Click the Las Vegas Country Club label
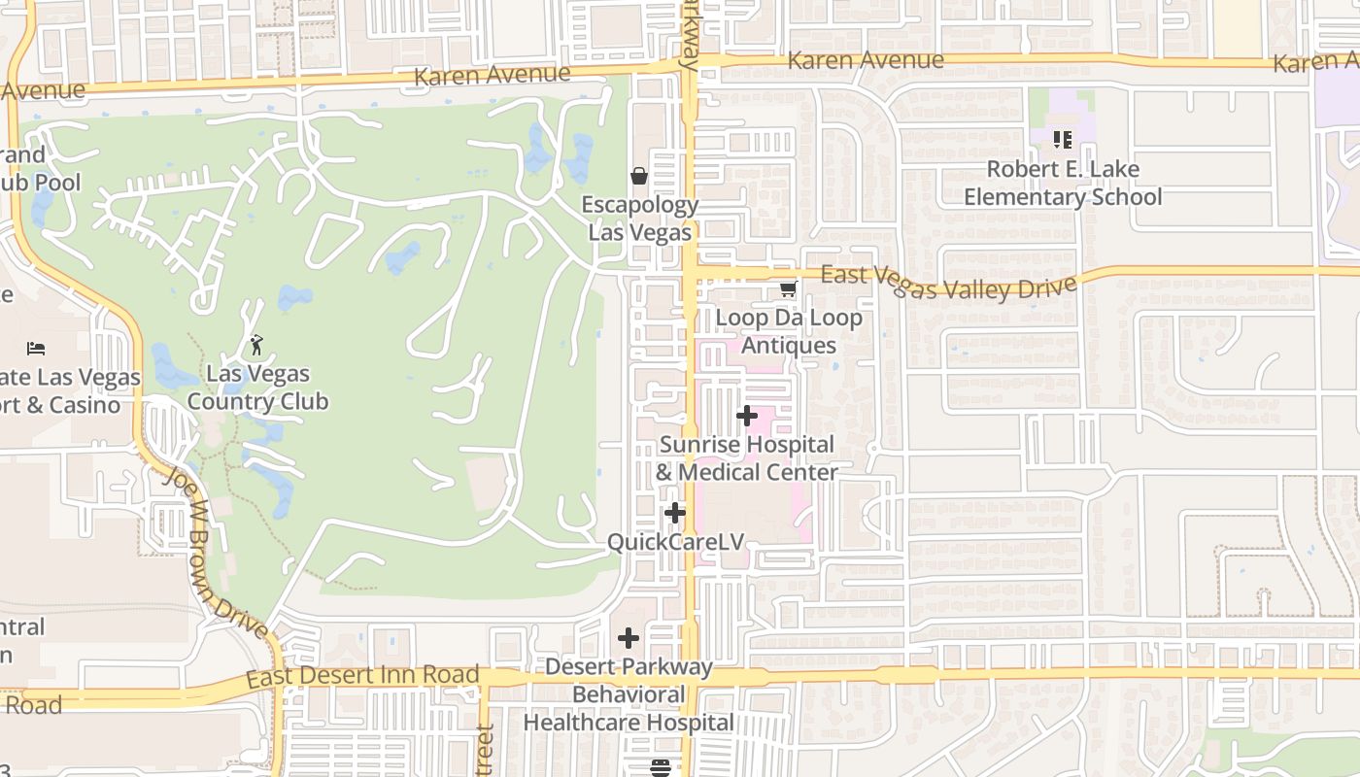point(257,388)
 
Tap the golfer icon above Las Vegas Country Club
point(256,345)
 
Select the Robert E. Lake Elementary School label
point(1063,183)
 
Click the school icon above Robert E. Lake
point(1062,140)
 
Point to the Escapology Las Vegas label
point(639,219)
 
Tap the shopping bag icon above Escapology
point(639,176)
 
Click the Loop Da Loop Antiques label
point(788,331)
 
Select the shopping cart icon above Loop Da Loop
point(788,288)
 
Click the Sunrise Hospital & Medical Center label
point(746,458)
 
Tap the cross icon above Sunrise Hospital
point(746,416)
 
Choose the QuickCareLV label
point(675,541)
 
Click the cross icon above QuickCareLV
point(675,513)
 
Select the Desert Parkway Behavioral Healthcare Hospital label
point(629,694)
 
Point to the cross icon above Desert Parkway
point(629,638)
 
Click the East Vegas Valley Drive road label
point(949,283)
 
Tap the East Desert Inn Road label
point(362,675)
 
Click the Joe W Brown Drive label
point(216,552)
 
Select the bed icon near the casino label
point(36,348)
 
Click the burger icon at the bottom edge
point(661,768)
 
